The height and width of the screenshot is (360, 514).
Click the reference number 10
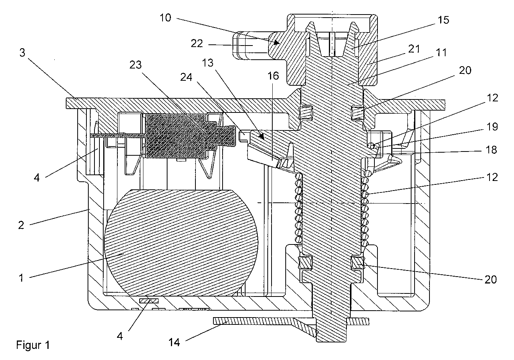[x=166, y=18]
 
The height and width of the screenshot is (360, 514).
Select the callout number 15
[x=443, y=20]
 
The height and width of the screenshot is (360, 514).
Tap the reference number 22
[x=197, y=43]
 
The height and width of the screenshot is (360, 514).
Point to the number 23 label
[x=135, y=65]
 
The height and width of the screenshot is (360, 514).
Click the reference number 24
[x=186, y=77]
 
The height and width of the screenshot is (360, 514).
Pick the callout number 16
[x=273, y=76]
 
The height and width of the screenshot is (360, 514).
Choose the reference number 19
[x=492, y=127]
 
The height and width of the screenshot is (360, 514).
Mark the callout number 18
[x=491, y=150]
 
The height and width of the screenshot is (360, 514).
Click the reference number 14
[x=174, y=342]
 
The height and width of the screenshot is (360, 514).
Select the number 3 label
[x=22, y=52]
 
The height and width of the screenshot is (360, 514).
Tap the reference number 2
[x=21, y=225]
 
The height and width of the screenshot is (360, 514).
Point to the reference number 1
[x=21, y=278]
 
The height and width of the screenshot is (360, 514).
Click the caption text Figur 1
[x=33, y=345]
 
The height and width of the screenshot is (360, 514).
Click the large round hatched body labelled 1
[x=181, y=243]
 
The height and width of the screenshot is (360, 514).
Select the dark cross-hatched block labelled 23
[x=190, y=136]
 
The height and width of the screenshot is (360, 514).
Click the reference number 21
[x=414, y=49]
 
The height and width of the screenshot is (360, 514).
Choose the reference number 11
[x=441, y=52]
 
